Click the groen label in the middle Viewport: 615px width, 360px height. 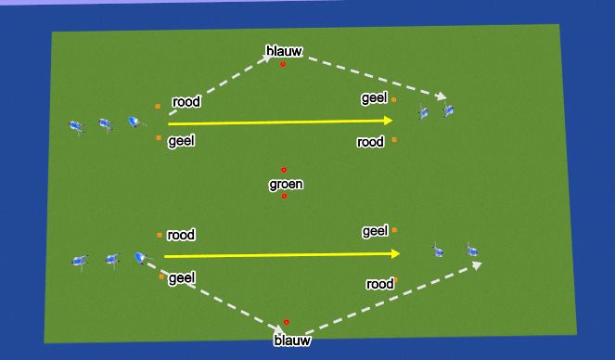click(x=286, y=185)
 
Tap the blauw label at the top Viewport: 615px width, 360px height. click(x=284, y=50)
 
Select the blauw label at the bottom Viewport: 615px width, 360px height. click(x=292, y=341)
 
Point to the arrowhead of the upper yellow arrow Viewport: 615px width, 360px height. click(x=389, y=120)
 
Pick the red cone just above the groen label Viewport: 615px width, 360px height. click(x=284, y=170)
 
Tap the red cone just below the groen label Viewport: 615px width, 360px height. click(x=285, y=197)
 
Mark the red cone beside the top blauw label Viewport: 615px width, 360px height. click(x=284, y=64)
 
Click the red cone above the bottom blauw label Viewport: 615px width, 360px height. click(x=287, y=322)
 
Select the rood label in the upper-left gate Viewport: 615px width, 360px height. click(x=186, y=102)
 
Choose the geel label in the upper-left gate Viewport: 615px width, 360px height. click(x=181, y=141)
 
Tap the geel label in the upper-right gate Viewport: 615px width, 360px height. click(x=374, y=97)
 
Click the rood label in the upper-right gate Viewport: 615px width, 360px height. click(x=370, y=142)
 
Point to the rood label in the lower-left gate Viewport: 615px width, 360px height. click(x=181, y=235)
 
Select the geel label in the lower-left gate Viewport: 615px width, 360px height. click(x=181, y=277)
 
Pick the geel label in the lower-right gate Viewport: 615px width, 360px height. click(x=375, y=230)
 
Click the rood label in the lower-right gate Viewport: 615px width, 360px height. click(x=380, y=284)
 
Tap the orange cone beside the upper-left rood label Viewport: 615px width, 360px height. click(x=158, y=107)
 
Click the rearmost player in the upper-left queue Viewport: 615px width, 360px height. click(x=76, y=126)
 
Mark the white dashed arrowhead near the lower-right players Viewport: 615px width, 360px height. click(x=477, y=265)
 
